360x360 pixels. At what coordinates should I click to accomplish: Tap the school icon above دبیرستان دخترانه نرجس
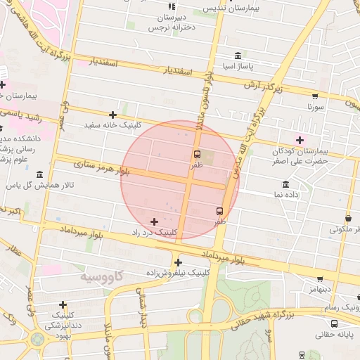click(x=171, y=6)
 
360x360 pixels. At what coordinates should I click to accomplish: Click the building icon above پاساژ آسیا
click(x=238, y=56)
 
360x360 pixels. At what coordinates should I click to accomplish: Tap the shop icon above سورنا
click(x=314, y=96)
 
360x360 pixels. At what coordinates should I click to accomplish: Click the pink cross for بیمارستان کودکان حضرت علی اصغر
click(x=300, y=140)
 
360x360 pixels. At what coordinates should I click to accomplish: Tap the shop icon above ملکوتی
click(x=348, y=218)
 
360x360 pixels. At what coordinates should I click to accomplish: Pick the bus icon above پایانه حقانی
click(x=333, y=324)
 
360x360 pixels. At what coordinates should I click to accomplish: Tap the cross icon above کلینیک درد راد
click(x=155, y=221)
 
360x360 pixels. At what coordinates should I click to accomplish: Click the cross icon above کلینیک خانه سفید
click(x=112, y=115)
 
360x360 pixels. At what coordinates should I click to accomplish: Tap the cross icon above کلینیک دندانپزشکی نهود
click(x=63, y=304)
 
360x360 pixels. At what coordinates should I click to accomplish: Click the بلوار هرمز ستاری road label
click(x=102, y=167)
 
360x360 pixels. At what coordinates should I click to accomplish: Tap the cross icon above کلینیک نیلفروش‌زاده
click(x=178, y=262)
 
